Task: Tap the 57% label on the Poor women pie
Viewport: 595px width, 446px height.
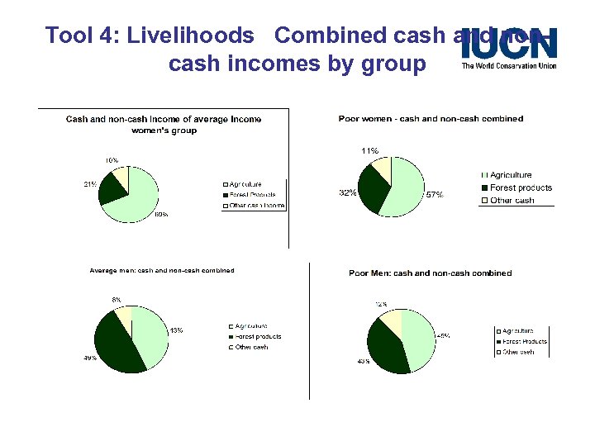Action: pyautogui.click(x=435, y=195)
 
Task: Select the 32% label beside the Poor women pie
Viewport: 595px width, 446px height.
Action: pyautogui.click(x=347, y=192)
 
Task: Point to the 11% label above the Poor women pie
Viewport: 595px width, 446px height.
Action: pyautogui.click(x=369, y=151)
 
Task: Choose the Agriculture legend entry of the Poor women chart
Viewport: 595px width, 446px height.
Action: pyautogui.click(x=510, y=175)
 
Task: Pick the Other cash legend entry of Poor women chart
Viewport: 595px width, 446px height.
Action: pyautogui.click(x=512, y=201)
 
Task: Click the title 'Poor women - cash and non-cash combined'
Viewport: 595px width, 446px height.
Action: pyautogui.click(x=431, y=119)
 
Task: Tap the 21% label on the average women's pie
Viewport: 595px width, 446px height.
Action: pyautogui.click(x=90, y=184)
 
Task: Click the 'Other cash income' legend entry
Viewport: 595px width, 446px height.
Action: pyautogui.click(x=256, y=205)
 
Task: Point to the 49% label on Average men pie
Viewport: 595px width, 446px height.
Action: pyautogui.click(x=89, y=358)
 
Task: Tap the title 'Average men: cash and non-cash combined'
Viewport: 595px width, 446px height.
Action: pyautogui.click(x=162, y=270)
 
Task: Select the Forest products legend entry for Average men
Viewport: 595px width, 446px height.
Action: pyautogui.click(x=258, y=337)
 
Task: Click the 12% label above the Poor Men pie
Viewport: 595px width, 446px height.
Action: pyautogui.click(x=381, y=304)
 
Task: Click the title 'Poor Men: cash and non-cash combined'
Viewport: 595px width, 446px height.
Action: pyautogui.click(x=430, y=273)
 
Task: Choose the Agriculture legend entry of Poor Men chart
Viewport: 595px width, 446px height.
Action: pyautogui.click(x=518, y=331)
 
